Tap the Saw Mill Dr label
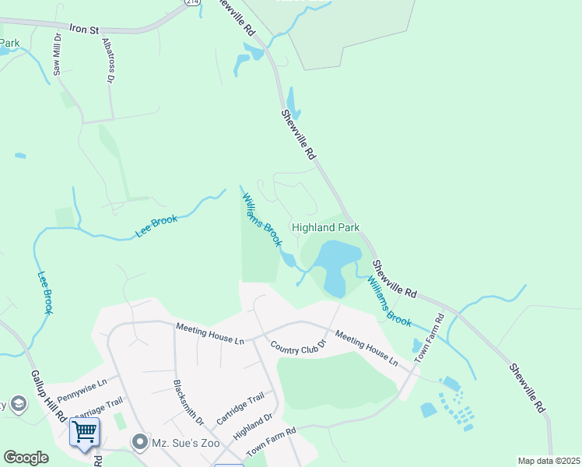(x=57, y=54)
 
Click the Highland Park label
(x=325, y=227)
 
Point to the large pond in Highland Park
(x=336, y=261)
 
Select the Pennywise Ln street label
(x=80, y=385)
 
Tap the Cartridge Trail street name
(x=240, y=408)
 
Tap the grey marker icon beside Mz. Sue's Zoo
(x=140, y=443)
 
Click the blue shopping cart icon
(x=84, y=430)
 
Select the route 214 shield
(x=192, y=2)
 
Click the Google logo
(x=26, y=457)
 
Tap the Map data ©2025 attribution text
(x=548, y=461)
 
